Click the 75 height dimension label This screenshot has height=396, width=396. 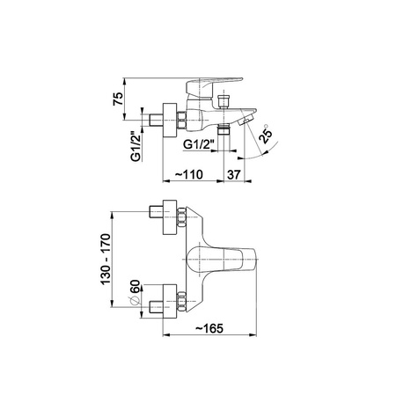pos(119,99)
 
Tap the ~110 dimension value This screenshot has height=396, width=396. pos(189,174)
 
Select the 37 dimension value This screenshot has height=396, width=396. pos(234,175)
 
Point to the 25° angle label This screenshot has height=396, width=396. pos(266,134)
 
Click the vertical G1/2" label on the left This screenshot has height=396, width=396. pos(136,146)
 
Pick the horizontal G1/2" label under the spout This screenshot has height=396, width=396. pos(199,144)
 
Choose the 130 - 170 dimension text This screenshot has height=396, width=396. pos(106,259)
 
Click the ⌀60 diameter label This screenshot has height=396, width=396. pos(135,292)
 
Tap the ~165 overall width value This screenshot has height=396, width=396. pos(209,328)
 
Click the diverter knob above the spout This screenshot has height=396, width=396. pos(224,101)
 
